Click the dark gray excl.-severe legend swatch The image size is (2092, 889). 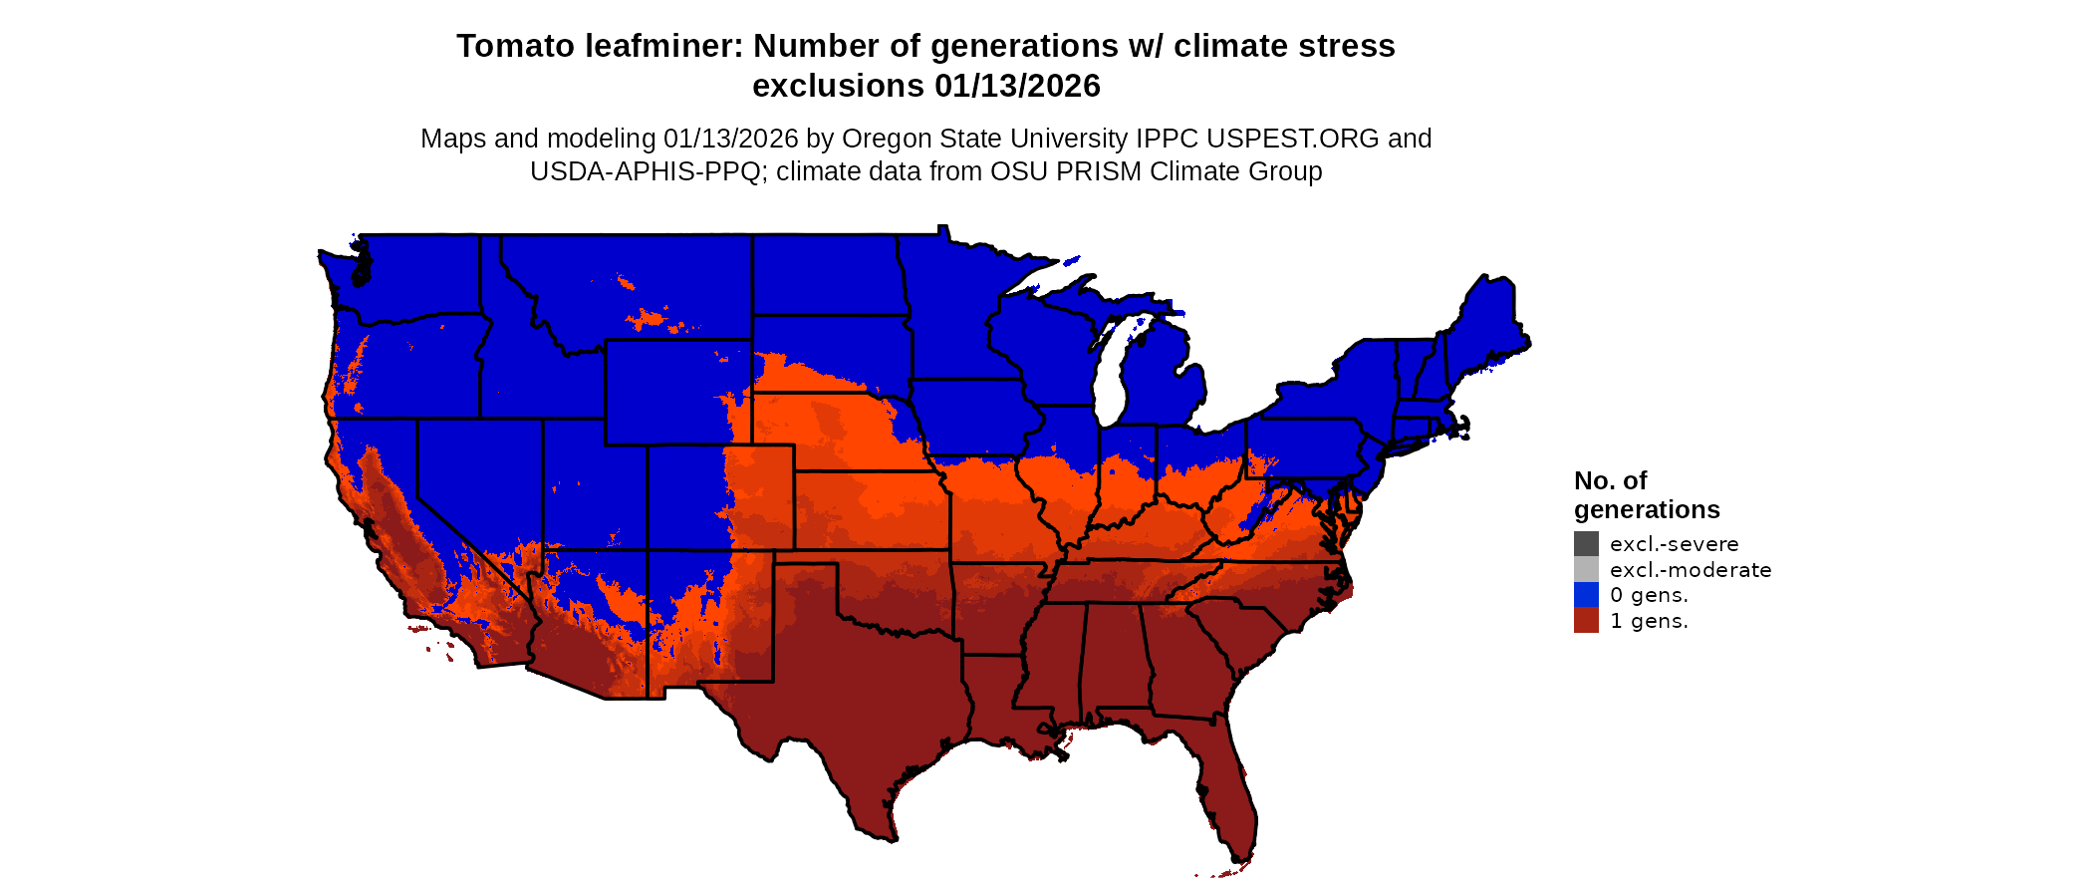(1586, 544)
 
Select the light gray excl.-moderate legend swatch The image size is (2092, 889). (1586, 570)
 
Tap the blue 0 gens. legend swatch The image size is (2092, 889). (1586, 595)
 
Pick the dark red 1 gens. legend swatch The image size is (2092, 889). (1586, 621)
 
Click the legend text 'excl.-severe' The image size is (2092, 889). (1674, 544)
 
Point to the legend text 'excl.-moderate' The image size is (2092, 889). (1691, 570)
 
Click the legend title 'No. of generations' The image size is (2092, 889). (1646, 495)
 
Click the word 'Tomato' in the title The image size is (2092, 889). (514, 47)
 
